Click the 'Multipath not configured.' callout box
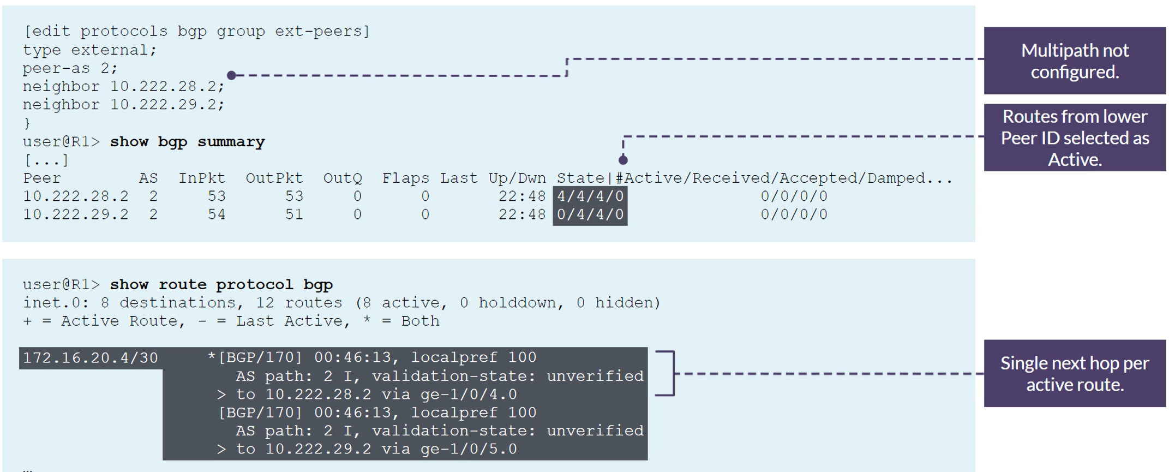(x=1075, y=61)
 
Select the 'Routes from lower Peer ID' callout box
(x=1075, y=138)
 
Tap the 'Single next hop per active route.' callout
(x=1075, y=374)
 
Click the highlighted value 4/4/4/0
(x=590, y=196)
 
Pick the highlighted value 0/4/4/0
(x=590, y=214)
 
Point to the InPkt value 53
(x=217, y=196)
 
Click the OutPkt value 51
(x=294, y=214)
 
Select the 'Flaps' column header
(x=405, y=178)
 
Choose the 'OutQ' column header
(x=343, y=178)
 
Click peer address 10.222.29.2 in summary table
(x=76, y=214)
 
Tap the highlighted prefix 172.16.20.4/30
(x=91, y=358)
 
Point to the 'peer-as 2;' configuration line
(x=70, y=68)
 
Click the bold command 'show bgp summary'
(x=187, y=142)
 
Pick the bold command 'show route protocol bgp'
(x=221, y=284)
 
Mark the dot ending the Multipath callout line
(x=231, y=75)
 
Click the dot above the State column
(x=623, y=160)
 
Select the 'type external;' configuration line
(x=89, y=50)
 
